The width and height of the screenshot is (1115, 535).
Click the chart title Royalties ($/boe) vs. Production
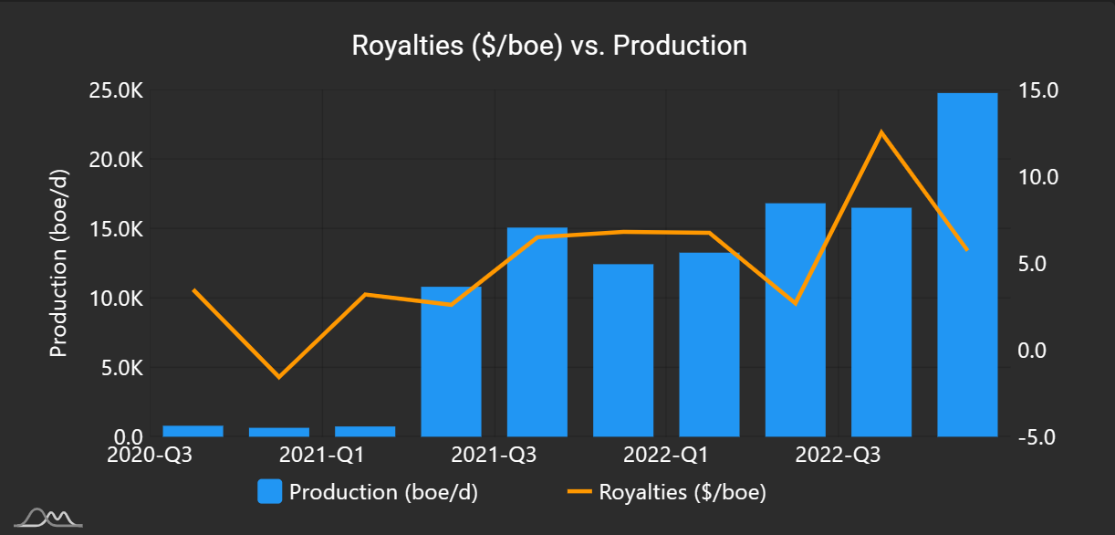tap(549, 46)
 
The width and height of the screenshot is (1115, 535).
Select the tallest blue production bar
tap(967, 265)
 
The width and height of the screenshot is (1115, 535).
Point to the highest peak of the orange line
tap(881, 132)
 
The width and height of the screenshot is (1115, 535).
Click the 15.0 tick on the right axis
tap(1039, 90)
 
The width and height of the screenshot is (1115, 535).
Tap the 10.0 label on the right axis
tap(1039, 177)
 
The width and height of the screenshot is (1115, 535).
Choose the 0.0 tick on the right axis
tap(1039, 351)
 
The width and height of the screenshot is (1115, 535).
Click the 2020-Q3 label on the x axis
tap(151, 455)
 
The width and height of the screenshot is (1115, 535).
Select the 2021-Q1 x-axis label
tap(322, 455)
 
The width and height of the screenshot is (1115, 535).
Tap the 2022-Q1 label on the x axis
tap(666, 455)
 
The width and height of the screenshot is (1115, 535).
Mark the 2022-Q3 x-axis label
tap(839, 455)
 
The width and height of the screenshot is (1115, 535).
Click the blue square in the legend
tap(269, 492)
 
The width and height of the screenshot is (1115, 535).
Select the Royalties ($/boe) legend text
tap(683, 492)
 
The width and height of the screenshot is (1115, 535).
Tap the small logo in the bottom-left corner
tap(53, 518)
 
